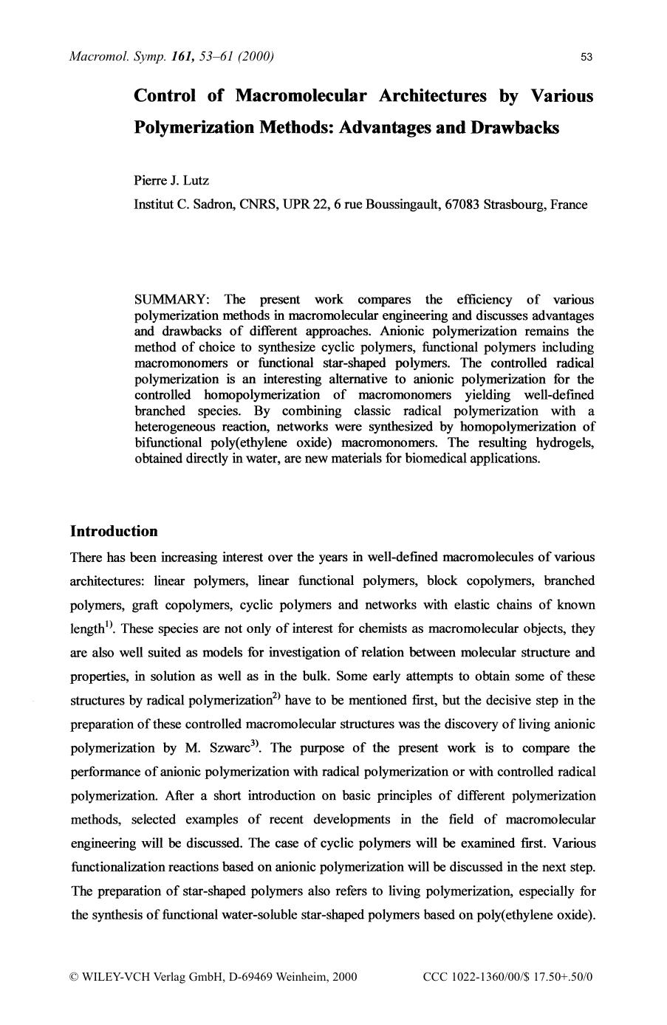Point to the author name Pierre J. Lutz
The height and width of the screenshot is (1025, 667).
[171, 181]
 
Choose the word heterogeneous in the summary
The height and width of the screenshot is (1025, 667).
[175, 427]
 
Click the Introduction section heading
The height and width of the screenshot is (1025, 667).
[114, 532]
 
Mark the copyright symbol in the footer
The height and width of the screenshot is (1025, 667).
[74, 977]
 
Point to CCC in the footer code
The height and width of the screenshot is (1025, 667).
[435, 977]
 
